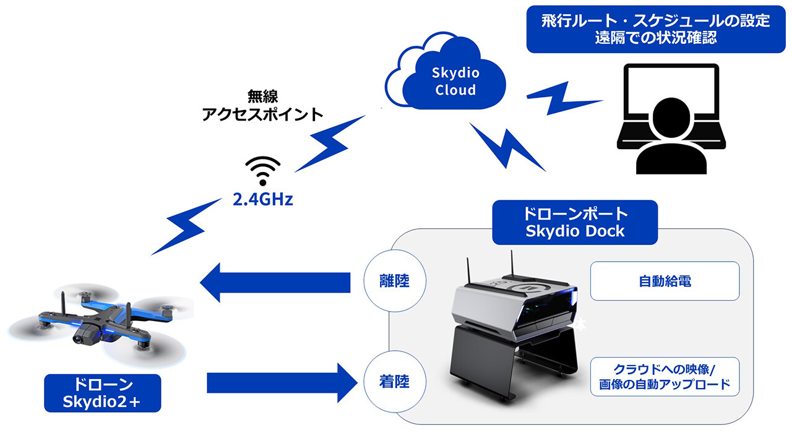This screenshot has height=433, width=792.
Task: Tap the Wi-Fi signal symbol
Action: (x=263, y=171)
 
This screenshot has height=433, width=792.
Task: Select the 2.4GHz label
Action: (x=263, y=200)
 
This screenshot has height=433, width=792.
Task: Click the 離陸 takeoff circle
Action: (x=395, y=281)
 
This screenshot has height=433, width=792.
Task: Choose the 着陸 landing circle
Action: (x=395, y=382)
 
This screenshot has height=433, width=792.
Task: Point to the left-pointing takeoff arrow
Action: (x=275, y=283)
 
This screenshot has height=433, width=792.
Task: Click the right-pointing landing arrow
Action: (x=282, y=383)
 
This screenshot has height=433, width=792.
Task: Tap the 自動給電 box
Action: (x=665, y=281)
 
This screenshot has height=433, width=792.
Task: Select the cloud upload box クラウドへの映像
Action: (x=665, y=377)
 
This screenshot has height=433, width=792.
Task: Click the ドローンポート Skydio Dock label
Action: (x=575, y=222)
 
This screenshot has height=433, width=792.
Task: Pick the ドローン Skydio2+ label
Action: (x=103, y=393)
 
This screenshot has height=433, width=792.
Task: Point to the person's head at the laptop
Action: (x=671, y=118)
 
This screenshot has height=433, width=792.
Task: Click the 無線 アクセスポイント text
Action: (x=262, y=105)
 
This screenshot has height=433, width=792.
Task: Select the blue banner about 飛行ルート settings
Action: (x=656, y=29)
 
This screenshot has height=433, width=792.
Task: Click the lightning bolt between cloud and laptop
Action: (x=563, y=98)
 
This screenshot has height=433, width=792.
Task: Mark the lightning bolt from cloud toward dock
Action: (x=507, y=147)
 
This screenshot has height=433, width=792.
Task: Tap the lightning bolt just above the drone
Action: (x=186, y=226)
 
